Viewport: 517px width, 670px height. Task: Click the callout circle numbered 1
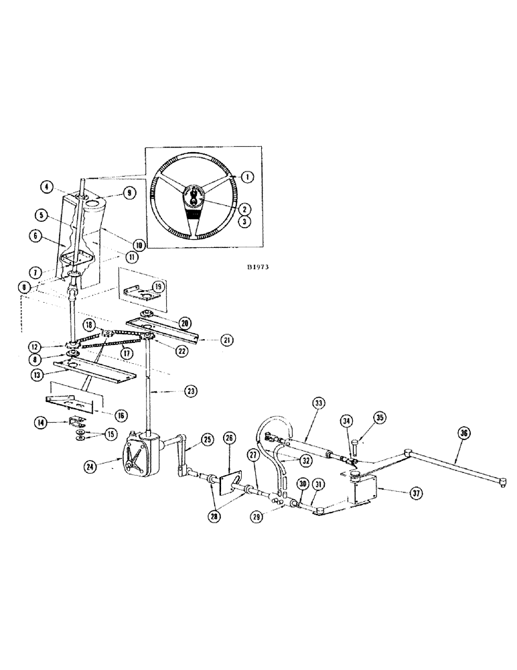click(246, 177)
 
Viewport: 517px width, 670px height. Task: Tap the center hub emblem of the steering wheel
click(193, 196)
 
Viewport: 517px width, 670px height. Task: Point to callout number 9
click(130, 193)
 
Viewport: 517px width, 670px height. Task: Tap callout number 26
click(230, 438)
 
